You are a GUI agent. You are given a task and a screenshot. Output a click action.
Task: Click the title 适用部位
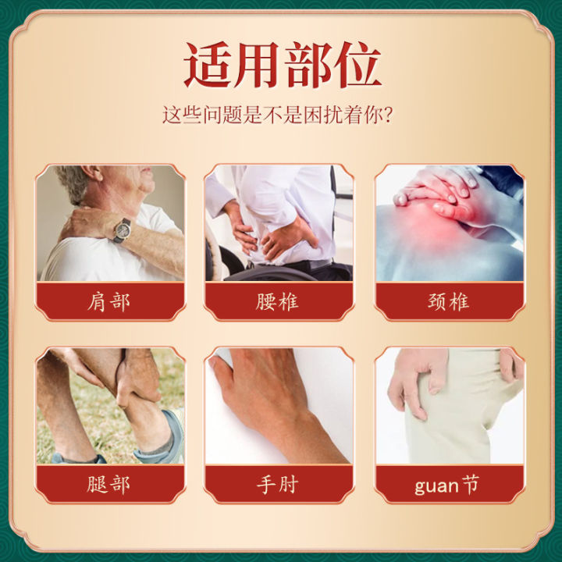click(x=282, y=64)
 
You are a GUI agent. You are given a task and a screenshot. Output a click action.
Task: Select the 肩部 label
click(x=110, y=301)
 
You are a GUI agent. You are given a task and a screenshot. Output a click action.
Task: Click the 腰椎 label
click(x=278, y=301)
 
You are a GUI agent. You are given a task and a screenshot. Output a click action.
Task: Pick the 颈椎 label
click(x=449, y=301)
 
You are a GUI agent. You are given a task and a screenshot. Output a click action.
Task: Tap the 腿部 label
click(x=110, y=484)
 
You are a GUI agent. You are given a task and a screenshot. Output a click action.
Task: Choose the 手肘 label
click(x=278, y=484)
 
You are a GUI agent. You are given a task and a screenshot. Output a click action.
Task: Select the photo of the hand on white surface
click(x=279, y=406)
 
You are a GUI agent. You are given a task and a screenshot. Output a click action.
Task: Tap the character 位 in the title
click(x=356, y=64)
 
